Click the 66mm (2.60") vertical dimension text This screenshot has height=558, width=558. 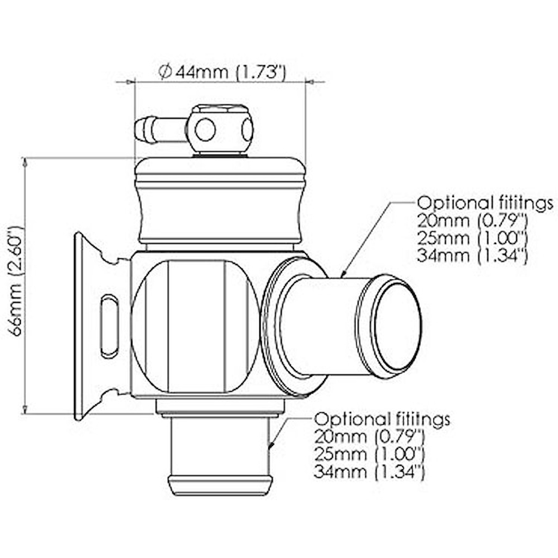point(17,281)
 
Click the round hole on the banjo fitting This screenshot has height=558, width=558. point(205,130)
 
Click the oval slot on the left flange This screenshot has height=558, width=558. point(109,326)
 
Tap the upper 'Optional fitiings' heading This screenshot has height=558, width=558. point(485,203)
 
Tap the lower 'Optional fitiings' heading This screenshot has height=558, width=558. point(382,419)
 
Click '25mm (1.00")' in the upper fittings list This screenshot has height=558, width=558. point(471,238)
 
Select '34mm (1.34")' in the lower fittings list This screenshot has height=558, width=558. point(368,471)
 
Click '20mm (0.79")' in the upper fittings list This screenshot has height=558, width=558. point(471,221)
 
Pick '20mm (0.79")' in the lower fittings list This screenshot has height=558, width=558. point(368,436)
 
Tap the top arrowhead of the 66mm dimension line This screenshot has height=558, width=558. point(25,162)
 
